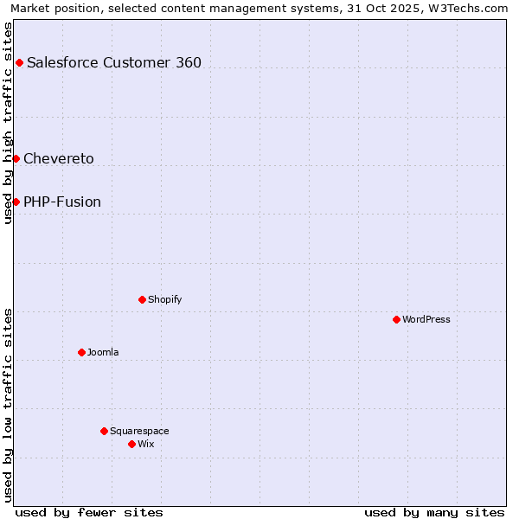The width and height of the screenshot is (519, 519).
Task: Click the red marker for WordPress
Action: pyautogui.click(x=396, y=319)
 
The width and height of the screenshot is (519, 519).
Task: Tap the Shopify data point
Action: pyautogui.click(x=142, y=299)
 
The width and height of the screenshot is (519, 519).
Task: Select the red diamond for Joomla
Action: pyautogui.click(x=81, y=352)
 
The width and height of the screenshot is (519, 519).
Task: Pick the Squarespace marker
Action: pyautogui.click(x=104, y=431)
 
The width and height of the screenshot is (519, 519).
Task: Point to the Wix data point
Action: pyautogui.click(x=131, y=444)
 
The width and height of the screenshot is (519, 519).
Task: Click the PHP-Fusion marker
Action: pyautogui.click(x=16, y=202)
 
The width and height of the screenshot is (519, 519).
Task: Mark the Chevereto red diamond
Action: pyautogui.click(x=16, y=158)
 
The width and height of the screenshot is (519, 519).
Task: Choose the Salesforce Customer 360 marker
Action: pyautogui.click(x=19, y=62)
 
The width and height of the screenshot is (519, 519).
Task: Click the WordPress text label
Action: pyautogui.click(x=426, y=319)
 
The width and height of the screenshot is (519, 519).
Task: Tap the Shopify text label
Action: pyautogui.click(x=164, y=299)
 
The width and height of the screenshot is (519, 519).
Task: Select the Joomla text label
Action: pyautogui.click(x=103, y=352)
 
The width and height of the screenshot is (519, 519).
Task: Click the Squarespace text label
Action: pyautogui.click(x=139, y=431)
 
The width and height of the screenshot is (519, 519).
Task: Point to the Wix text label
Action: pyautogui.click(x=145, y=444)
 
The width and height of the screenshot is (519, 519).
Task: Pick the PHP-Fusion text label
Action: pyautogui.click(x=62, y=202)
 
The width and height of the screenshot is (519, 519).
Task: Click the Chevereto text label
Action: pyautogui.click(x=59, y=158)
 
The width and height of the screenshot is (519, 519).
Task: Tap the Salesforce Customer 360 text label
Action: pyautogui.click(x=114, y=62)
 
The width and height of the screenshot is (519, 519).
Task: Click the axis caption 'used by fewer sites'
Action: pyautogui.click(x=89, y=512)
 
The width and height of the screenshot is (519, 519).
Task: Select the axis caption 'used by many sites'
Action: pyautogui.click(x=434, y=512)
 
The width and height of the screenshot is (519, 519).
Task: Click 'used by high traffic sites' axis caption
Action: pyautogui.click(x=8, y=123)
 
